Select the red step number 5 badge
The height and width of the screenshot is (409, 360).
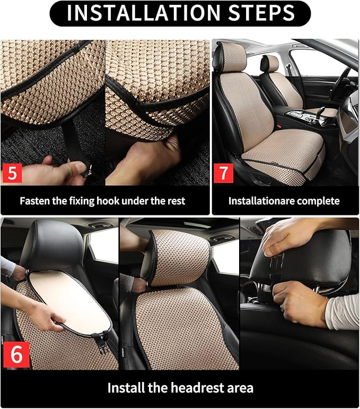pyautogui.click(x=12, y=173)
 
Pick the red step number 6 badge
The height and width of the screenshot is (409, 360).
pyautogui.click(x=16, y=354)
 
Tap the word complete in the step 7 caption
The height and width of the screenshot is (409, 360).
pyautogui.click(x=318, y=201)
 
